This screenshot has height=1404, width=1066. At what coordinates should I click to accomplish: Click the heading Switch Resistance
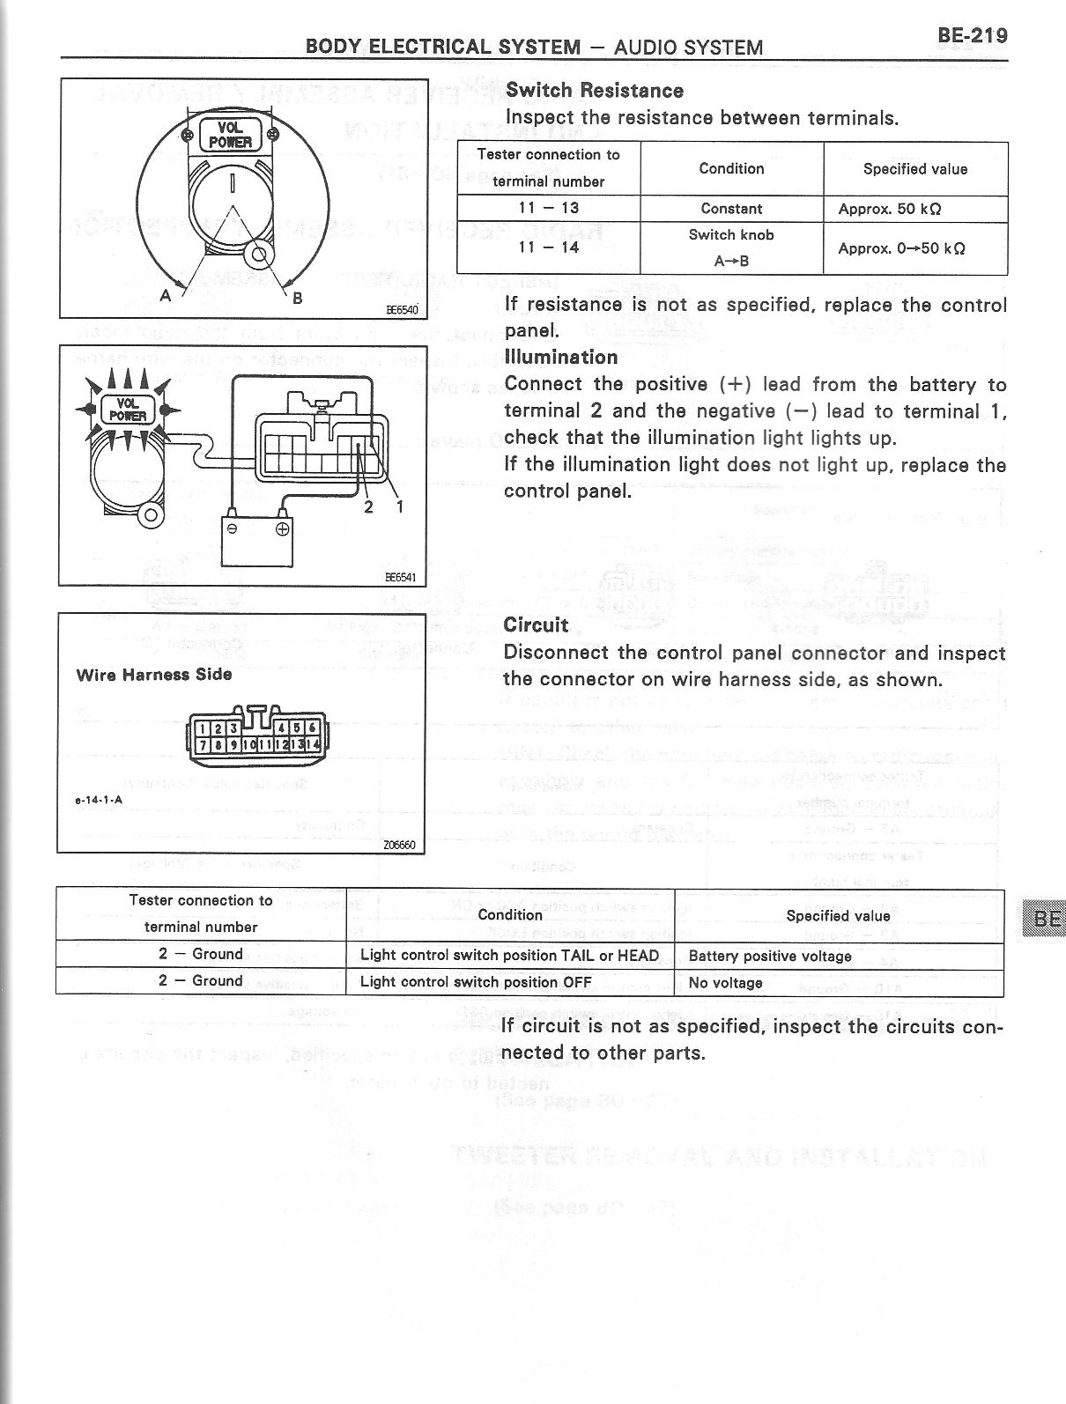595,91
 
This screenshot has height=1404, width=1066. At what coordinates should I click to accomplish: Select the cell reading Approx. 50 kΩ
889,209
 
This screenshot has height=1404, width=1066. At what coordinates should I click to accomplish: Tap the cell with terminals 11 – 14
548,248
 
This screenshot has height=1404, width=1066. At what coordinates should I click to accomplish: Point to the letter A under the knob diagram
165,297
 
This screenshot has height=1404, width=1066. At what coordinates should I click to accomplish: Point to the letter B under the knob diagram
298,298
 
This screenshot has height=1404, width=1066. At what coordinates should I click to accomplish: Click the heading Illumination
561,357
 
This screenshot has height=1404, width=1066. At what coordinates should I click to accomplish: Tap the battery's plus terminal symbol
283,529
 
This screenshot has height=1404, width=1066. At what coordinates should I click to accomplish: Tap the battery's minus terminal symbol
232,529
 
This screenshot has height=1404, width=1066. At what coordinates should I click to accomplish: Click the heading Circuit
536,625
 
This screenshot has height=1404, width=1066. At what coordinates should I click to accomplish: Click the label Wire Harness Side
154,675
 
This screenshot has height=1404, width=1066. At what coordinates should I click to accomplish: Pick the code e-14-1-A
98,801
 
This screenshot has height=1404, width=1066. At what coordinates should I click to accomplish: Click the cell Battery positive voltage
770,956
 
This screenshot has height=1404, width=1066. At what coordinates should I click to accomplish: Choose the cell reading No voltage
725,982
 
